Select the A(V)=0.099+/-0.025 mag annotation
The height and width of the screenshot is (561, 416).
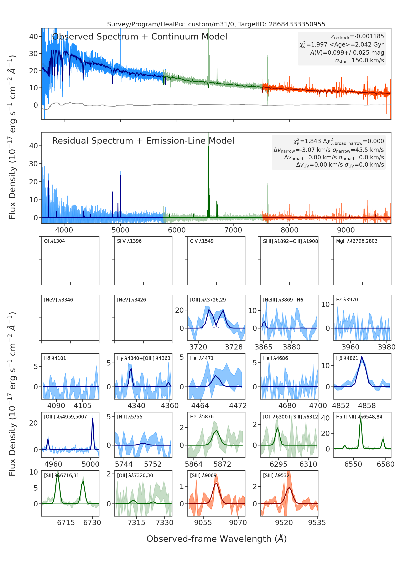pos(347,53)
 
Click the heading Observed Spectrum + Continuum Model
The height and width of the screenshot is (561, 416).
pos(140,37)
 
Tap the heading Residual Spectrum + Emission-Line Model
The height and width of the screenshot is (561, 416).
pos(143,141)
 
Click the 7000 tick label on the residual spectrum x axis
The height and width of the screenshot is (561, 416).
pos(233,230)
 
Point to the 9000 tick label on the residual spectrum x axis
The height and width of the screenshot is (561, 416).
pos(346,230)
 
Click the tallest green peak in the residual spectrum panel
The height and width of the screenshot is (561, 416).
pos(208,147)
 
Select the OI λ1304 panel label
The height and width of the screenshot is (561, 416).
pos(54,241)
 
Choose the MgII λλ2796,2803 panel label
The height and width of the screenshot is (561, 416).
pos(357,241)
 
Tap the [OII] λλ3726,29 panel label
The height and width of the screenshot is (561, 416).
pos(208,300)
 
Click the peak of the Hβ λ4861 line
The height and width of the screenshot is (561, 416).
pos(362,357)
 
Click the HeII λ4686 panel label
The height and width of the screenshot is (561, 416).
pos(275,358)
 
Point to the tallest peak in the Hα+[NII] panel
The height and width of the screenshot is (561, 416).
pos(361,419)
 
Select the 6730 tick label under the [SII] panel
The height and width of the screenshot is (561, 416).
pos(92,523)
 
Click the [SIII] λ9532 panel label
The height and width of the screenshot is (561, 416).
pos(276,475)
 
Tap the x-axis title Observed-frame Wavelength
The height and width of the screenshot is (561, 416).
pos(217,539)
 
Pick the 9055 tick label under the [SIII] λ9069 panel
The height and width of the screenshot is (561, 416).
pos(203,523)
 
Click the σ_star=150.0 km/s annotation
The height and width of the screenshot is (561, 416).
pos(360,60)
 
